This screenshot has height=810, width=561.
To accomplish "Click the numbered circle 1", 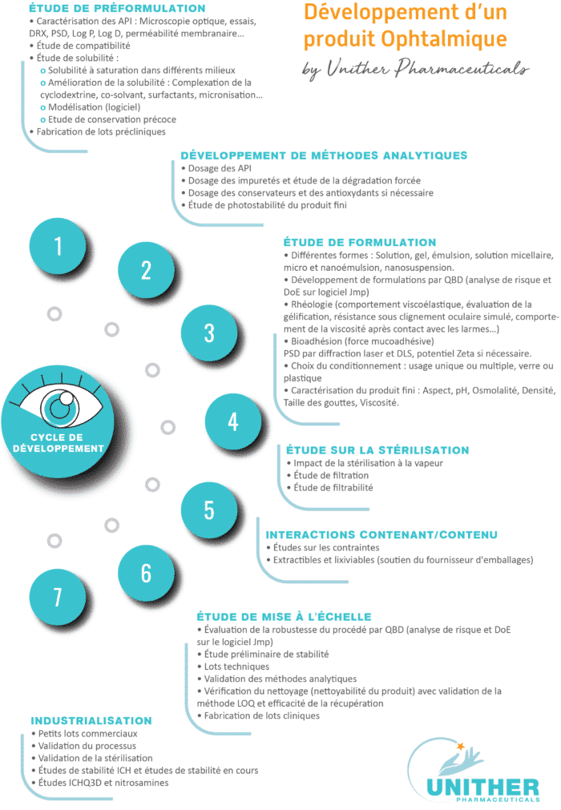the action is (x=58, y=246).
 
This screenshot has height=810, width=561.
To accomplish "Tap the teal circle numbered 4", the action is (x=233, y=421).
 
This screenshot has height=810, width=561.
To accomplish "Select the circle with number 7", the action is (x=58, y=597).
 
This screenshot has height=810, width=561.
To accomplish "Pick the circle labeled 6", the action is (x=146, y=573).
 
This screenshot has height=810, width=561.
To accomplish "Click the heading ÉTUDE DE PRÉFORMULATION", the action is (x=117, y=8).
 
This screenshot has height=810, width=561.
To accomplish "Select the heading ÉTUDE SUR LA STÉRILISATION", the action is (x=377, y=450).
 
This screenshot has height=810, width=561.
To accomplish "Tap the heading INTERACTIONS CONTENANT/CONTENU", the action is (x=381, y=534).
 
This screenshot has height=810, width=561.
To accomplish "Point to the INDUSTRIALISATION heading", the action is (x=91, y=720).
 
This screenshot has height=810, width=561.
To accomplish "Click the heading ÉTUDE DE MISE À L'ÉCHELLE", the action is (x=285, y=616).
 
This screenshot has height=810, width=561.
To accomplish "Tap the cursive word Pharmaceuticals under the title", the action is (x=462, y=69).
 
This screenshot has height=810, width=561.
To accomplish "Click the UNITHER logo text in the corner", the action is (x=483, y=788).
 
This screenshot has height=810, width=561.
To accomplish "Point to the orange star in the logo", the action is (x=460, y=746).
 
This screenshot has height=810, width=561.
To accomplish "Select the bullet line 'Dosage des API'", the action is (x=216, y=168).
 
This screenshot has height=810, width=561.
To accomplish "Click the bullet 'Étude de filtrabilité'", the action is (x=329, y=488).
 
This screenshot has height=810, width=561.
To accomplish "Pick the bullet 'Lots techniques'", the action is (x=233, y=667).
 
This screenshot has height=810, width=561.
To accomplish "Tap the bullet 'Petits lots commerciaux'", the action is (x=84, y=734).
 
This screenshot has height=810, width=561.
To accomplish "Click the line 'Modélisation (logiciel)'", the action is (x=91, y=107).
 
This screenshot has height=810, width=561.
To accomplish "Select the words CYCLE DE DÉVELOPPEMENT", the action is (x=58, y=443).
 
